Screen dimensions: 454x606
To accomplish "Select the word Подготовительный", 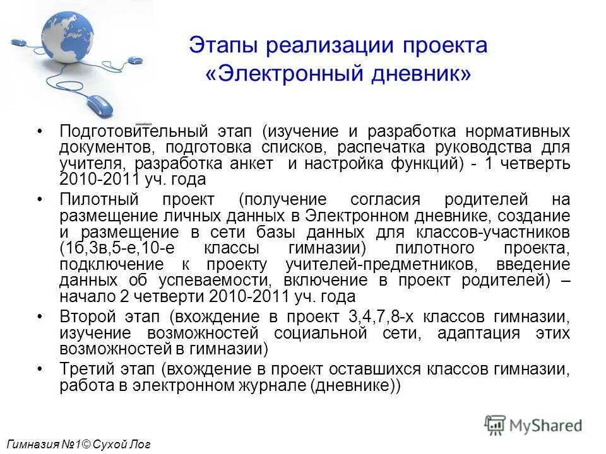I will [x=134, y=132].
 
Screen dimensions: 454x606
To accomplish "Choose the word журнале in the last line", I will [x=268, y=385].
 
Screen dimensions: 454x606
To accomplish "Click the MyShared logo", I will [x=533, y=425].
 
